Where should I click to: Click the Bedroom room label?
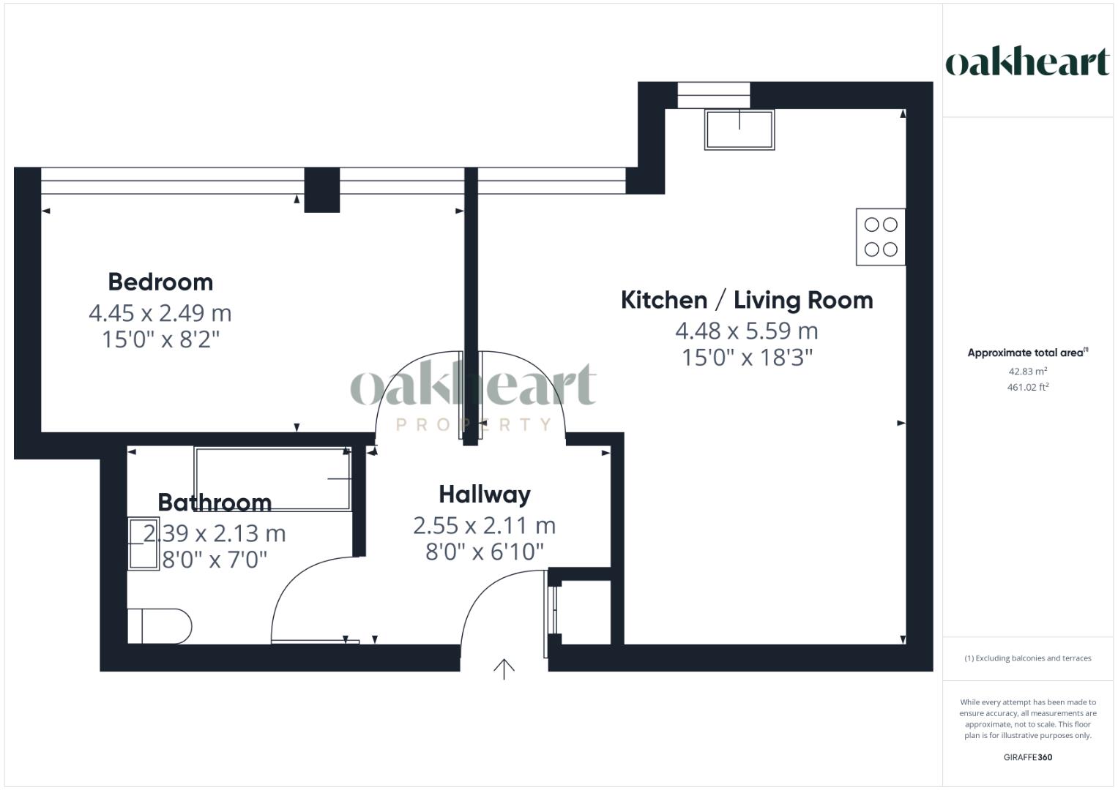pyautogui.click(x=160, y=282)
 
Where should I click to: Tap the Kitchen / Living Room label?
pyautogui.click(x=746, y=300)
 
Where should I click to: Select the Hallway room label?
pyautogui.click(x=484, y=494)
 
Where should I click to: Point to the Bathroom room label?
pyautogui.click(x=215, y=503)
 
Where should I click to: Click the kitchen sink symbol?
pyautogui.click(x=739, y=129)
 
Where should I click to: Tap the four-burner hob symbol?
pyautogui.click(x=880, y=236)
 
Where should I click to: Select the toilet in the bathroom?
pyautogui.click(x=160, y=626)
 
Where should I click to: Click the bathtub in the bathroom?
pyautogui.click(x=272, y=478)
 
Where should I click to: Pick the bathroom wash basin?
pyautogui.click(x=144, y=543)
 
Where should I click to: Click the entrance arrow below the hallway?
pyautogui.click(x=504, y=669)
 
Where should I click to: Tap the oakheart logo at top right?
pyautogui.click(x=1027, y=61)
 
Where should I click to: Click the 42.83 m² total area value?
pyautogui.click(x=1027, y=372)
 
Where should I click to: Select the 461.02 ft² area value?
pyautogui.click(x=1027, y=388)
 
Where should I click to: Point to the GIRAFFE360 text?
pyautogui.click(x=1027, y=757)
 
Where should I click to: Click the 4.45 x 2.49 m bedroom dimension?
pyautogui.click(x=160, y=313)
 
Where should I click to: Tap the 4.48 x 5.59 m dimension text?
pyautogui.click(x=746, y=331)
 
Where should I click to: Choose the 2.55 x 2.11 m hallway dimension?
pyautogui.click(x=484, y=525)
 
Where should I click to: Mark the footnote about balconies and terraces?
pyautogui.click(x=1027, y=658)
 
